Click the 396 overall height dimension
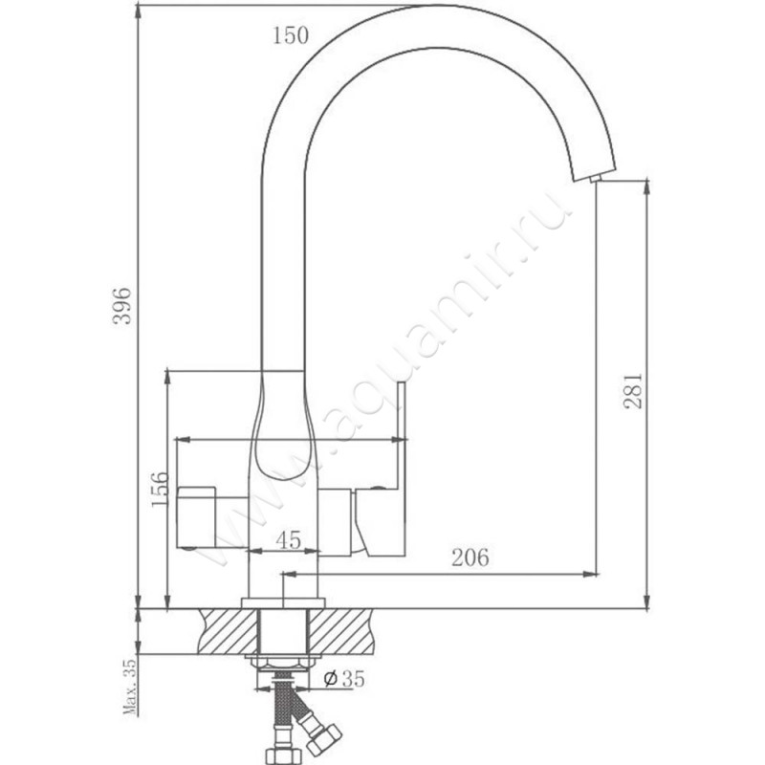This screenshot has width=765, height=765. [122, 306]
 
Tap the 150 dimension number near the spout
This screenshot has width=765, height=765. [291, 35]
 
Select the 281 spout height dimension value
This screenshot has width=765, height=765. [633, 391]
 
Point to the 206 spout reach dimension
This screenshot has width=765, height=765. [470, 557]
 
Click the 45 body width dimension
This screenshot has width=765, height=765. [289, 539]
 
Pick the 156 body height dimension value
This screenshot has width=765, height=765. [160, 490]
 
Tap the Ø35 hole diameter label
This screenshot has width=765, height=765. [344, 679]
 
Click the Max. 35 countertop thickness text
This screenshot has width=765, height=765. [130, 686]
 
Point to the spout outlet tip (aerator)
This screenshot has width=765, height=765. [595, 179]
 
